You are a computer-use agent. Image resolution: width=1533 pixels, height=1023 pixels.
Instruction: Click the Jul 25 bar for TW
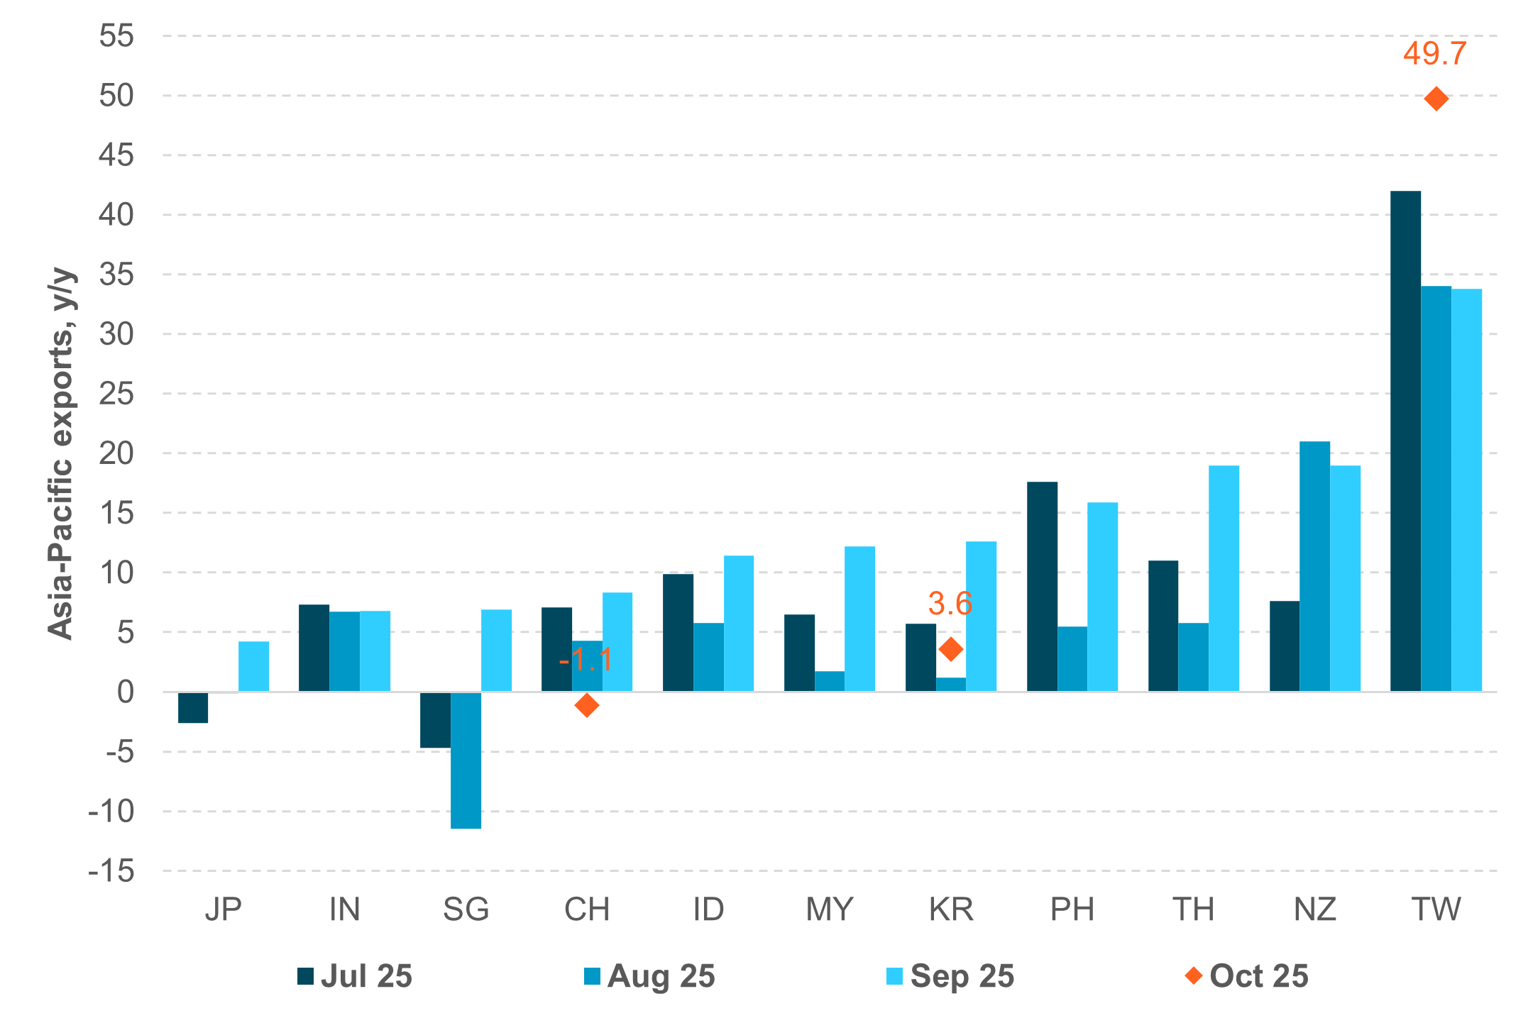[1405, 440]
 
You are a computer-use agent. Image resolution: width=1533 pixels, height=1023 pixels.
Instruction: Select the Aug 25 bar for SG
[466, 759]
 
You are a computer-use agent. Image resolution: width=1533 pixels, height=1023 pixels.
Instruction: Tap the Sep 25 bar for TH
[1224, 578]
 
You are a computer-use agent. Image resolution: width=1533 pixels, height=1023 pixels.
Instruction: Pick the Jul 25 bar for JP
[193, 707]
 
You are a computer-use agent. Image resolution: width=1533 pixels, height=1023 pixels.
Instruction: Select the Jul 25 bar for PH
[1042, 586]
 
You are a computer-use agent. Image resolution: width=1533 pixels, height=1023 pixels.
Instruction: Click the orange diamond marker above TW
[1436, 99]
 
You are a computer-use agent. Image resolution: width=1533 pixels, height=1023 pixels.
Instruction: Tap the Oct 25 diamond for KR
[950, 648]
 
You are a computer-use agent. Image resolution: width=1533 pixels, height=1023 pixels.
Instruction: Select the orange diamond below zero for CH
[586, 705]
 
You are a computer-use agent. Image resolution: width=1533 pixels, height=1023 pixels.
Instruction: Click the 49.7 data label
[1434, 54]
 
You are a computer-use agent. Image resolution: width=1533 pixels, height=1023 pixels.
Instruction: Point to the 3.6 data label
[950, 604]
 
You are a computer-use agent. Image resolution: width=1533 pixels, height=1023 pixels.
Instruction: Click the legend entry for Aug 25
[649, 976]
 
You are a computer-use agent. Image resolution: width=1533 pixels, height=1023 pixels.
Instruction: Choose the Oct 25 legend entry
[1247, 976]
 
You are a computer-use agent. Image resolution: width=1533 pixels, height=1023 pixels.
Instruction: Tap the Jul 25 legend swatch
[305, 976]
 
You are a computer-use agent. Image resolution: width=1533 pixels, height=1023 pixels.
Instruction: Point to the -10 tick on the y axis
[111, 811]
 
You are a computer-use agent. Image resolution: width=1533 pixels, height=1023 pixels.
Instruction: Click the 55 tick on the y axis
[116, 35]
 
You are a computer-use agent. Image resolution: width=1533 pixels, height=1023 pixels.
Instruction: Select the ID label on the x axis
[708, 909]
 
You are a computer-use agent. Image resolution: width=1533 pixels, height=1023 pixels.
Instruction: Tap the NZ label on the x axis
[1314, 909]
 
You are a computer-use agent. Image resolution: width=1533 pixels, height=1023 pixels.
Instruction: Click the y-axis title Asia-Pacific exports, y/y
[61, 454]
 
